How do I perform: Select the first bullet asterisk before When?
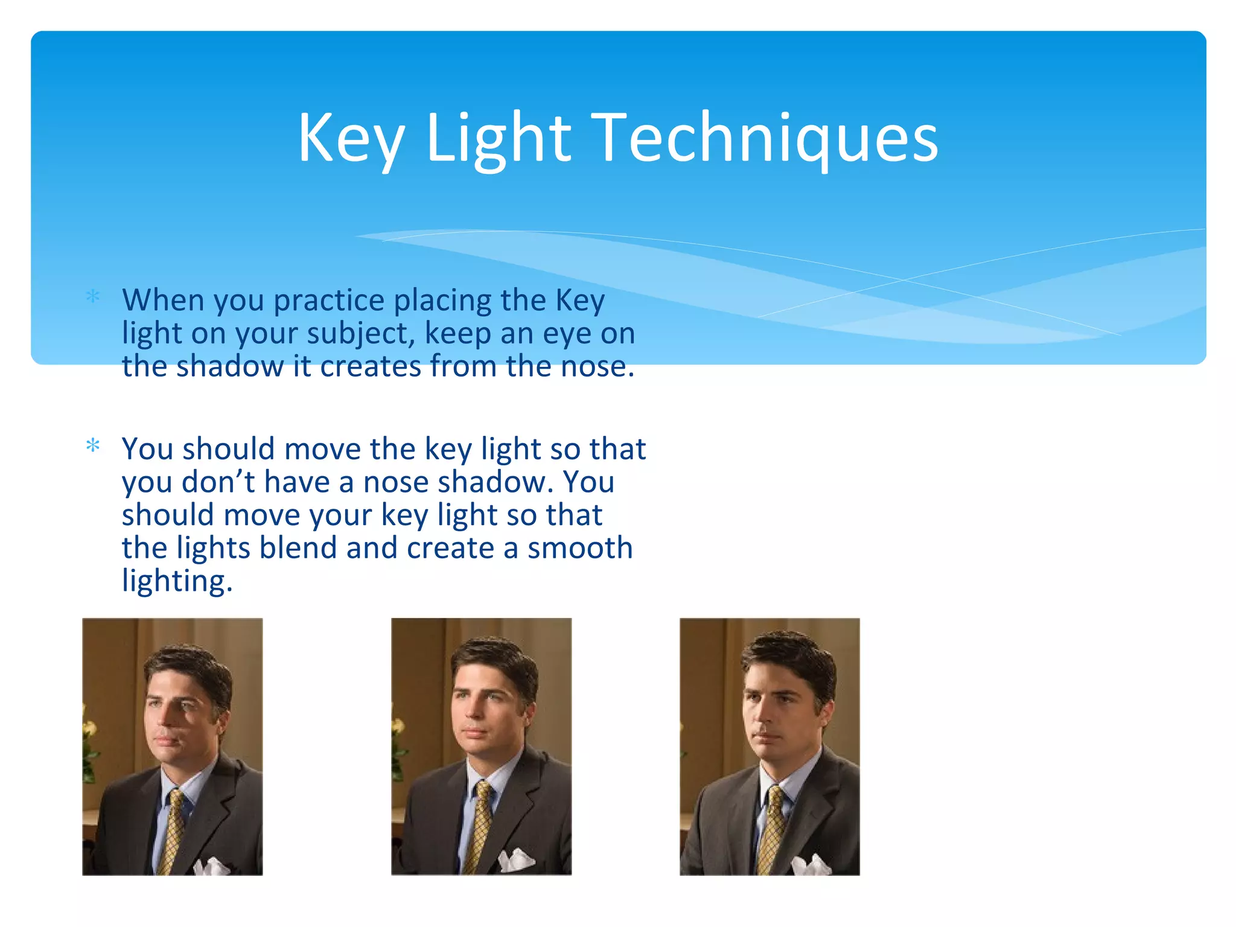point(93,296)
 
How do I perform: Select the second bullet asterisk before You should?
point(93,446)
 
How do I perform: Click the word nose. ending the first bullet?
point(597,366)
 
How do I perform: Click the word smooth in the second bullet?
point(579,547)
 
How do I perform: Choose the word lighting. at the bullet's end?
point(177,581)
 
